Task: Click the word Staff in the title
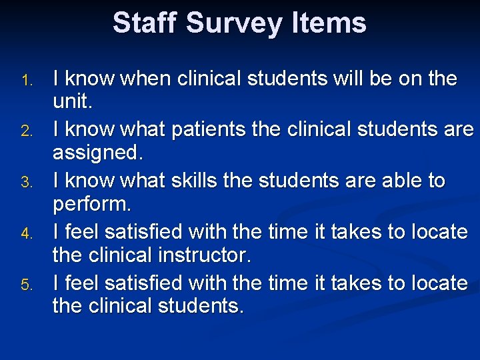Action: (145, 23)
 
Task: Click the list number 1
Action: (26, 81)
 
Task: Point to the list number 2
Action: (26, 133)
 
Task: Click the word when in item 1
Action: (143, 79)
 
